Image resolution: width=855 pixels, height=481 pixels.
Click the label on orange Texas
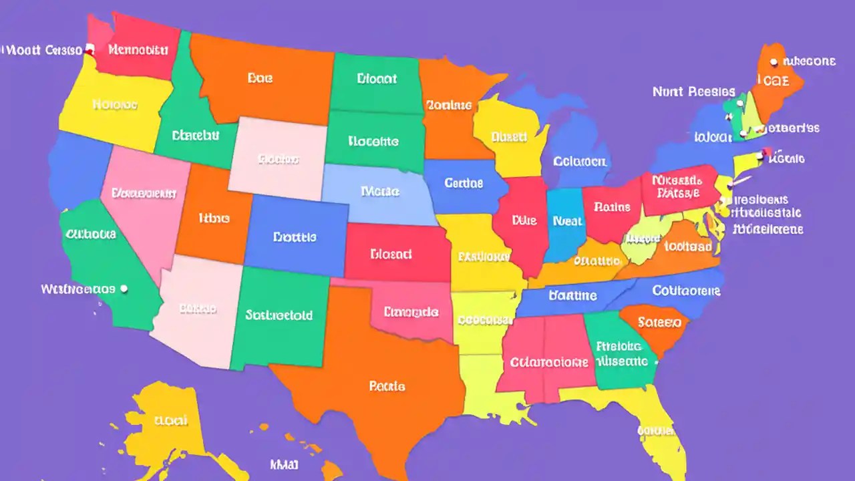[x=387, y=386]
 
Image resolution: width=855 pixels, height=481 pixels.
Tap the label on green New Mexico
[x=279, y=315]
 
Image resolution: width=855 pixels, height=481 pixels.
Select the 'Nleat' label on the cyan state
[x=568, y=221]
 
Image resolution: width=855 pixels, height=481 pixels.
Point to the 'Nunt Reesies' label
[x=693, y=92]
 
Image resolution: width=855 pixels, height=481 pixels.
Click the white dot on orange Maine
[x=774, y=62]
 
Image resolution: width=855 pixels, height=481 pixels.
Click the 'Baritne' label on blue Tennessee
[x=572, y=295]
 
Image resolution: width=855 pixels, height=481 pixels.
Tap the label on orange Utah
[x=214, y=218]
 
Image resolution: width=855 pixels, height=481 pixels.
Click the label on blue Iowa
[x=462, y=182]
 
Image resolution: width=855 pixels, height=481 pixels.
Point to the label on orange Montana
[x=260, y=78]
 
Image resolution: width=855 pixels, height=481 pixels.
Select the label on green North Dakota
[x=377, y=79]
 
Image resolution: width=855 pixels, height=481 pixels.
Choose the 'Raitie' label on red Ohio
[x=611, y=207]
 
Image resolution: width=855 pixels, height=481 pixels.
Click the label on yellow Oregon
[x=115, y=105]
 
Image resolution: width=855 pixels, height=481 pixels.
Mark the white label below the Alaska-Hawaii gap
[x=284, y=464]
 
